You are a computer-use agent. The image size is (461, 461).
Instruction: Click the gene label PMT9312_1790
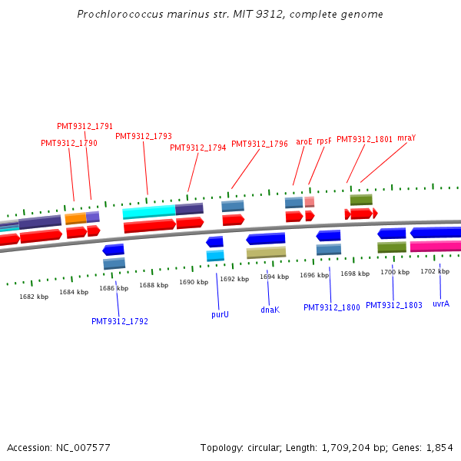point(69,143)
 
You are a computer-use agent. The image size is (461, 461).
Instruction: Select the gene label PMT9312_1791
point(85,126)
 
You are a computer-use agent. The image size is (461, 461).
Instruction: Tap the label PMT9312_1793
point(144,136)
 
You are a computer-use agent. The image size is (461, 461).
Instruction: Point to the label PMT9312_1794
point(198,148)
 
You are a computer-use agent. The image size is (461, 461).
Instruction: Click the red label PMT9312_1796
point(260,144)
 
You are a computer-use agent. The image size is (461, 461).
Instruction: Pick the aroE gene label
point(304,141)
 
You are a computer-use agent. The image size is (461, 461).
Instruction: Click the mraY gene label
point(406,138)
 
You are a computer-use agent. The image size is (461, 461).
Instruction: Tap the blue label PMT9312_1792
point(120,321)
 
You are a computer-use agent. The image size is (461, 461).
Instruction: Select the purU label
point(221,314)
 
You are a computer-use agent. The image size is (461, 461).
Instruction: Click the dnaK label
point(270,310)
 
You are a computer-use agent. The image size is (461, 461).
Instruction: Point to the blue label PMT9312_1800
point(332,307)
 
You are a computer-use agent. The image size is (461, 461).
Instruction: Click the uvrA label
point(441,303)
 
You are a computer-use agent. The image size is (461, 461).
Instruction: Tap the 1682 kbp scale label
point(34,297)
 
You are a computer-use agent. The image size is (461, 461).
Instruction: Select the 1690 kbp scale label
point(194,282)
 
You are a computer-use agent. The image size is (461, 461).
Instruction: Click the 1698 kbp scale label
point(355,274)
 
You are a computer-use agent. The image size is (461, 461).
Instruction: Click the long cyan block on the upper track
point(149,211)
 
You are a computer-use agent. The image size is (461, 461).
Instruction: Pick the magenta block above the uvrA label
point(436,247)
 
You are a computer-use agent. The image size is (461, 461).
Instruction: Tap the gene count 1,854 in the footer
point(439,447)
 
